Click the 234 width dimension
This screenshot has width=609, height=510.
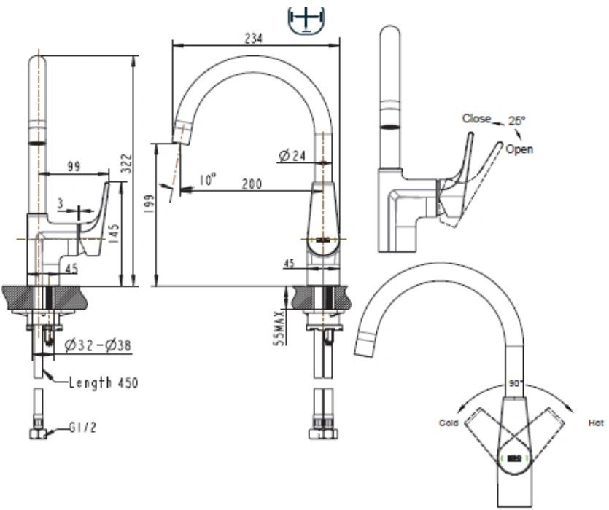coord(253,38)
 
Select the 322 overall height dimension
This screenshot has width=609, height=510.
coord(126,163)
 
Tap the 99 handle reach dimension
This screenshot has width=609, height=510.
coord(74,166)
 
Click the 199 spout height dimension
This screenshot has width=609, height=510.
coord(149,203)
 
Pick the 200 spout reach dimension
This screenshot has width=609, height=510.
coord(252,184)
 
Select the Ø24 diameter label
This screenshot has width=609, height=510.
coord(292,156)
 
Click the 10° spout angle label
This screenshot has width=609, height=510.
coord(207,180)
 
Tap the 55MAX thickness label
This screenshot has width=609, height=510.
coord(279,328)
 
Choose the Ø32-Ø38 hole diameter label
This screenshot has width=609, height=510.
coord(98,345)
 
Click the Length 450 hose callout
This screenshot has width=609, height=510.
coord(104,382)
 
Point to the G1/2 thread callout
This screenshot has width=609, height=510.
coord(82,428)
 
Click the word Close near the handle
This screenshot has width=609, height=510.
coord(476,118)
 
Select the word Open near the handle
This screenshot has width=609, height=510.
coord(519,149)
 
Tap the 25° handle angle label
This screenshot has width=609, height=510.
coord(516,120)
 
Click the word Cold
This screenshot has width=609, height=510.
coord(449,423)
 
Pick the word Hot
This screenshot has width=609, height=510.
coord(596,423)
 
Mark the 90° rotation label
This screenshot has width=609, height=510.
coord(516,383)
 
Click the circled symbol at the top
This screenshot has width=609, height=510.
coord(306,20)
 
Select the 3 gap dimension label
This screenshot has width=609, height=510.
coord(61,204)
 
